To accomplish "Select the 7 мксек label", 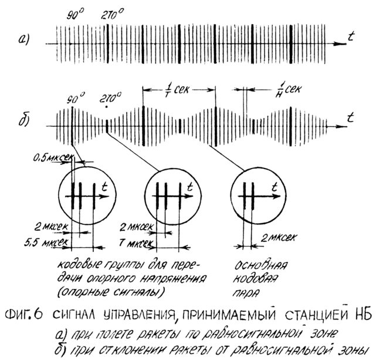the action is click(x=136, y=241).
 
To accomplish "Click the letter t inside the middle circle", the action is click(x=190, y=188).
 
